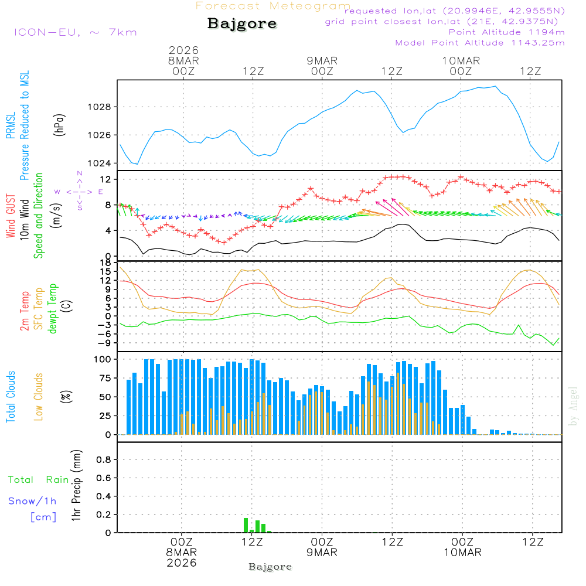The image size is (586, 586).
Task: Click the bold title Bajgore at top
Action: tap(241, 24)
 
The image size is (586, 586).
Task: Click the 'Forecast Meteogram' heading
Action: tap(273, 6)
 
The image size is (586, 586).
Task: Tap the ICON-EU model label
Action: tap(75, 32)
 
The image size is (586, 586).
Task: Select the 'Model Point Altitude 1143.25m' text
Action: tap(480, 43)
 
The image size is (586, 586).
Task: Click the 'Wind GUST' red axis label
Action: tap(11, 217)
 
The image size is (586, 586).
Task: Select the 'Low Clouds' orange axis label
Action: tap(39, 397)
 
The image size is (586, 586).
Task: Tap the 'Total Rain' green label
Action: tap(38, 480)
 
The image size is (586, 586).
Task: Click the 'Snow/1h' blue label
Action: tap(32, 502)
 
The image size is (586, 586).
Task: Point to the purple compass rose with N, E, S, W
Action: tap(79, 191)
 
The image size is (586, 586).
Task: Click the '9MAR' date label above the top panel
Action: tap(322, 60)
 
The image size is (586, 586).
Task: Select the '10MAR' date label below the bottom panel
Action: tap(462, 553)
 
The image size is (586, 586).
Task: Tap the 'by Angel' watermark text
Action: tap(574, 406)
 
